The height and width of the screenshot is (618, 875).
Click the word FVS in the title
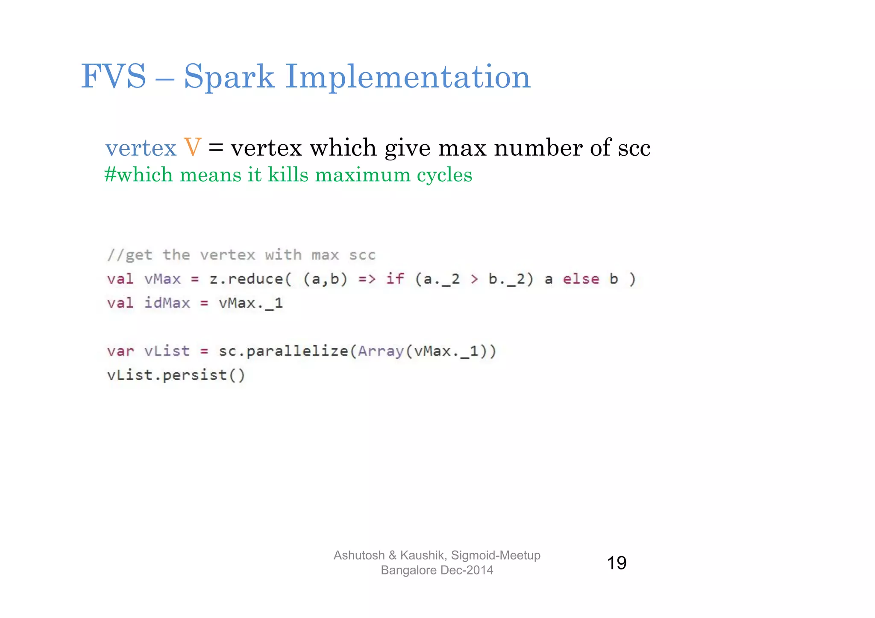114,77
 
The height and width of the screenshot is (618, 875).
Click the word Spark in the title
229,77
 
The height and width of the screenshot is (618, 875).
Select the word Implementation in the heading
408,77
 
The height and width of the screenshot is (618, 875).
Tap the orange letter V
192,148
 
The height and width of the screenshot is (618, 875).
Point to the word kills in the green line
288,175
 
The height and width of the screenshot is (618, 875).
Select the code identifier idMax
167,303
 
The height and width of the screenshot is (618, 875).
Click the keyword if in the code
395,279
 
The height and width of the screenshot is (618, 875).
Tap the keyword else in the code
581,279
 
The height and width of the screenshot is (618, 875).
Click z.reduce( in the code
250,279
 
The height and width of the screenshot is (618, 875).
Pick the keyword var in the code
120,351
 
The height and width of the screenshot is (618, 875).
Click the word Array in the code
381,351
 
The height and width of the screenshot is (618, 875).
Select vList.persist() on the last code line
176,375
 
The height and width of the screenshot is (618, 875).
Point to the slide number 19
617,563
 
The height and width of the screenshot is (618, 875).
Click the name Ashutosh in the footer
359,555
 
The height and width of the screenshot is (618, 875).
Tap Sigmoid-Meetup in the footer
496,555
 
